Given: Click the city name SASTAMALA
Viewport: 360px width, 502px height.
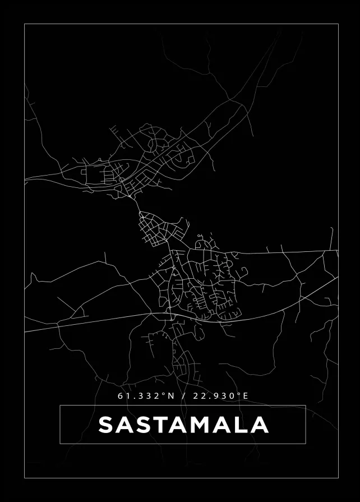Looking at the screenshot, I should coord(183,425).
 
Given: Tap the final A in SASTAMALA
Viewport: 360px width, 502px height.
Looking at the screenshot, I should coord(259,425).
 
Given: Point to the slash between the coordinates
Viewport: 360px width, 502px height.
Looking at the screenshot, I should coord(184,396).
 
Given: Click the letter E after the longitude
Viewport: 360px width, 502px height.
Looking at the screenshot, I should coord(245,396).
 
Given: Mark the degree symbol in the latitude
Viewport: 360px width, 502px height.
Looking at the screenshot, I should coord(164,394).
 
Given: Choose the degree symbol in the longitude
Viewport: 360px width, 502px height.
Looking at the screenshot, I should coord(238,394).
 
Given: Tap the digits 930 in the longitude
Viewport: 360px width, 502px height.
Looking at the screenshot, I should coord(222,396).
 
